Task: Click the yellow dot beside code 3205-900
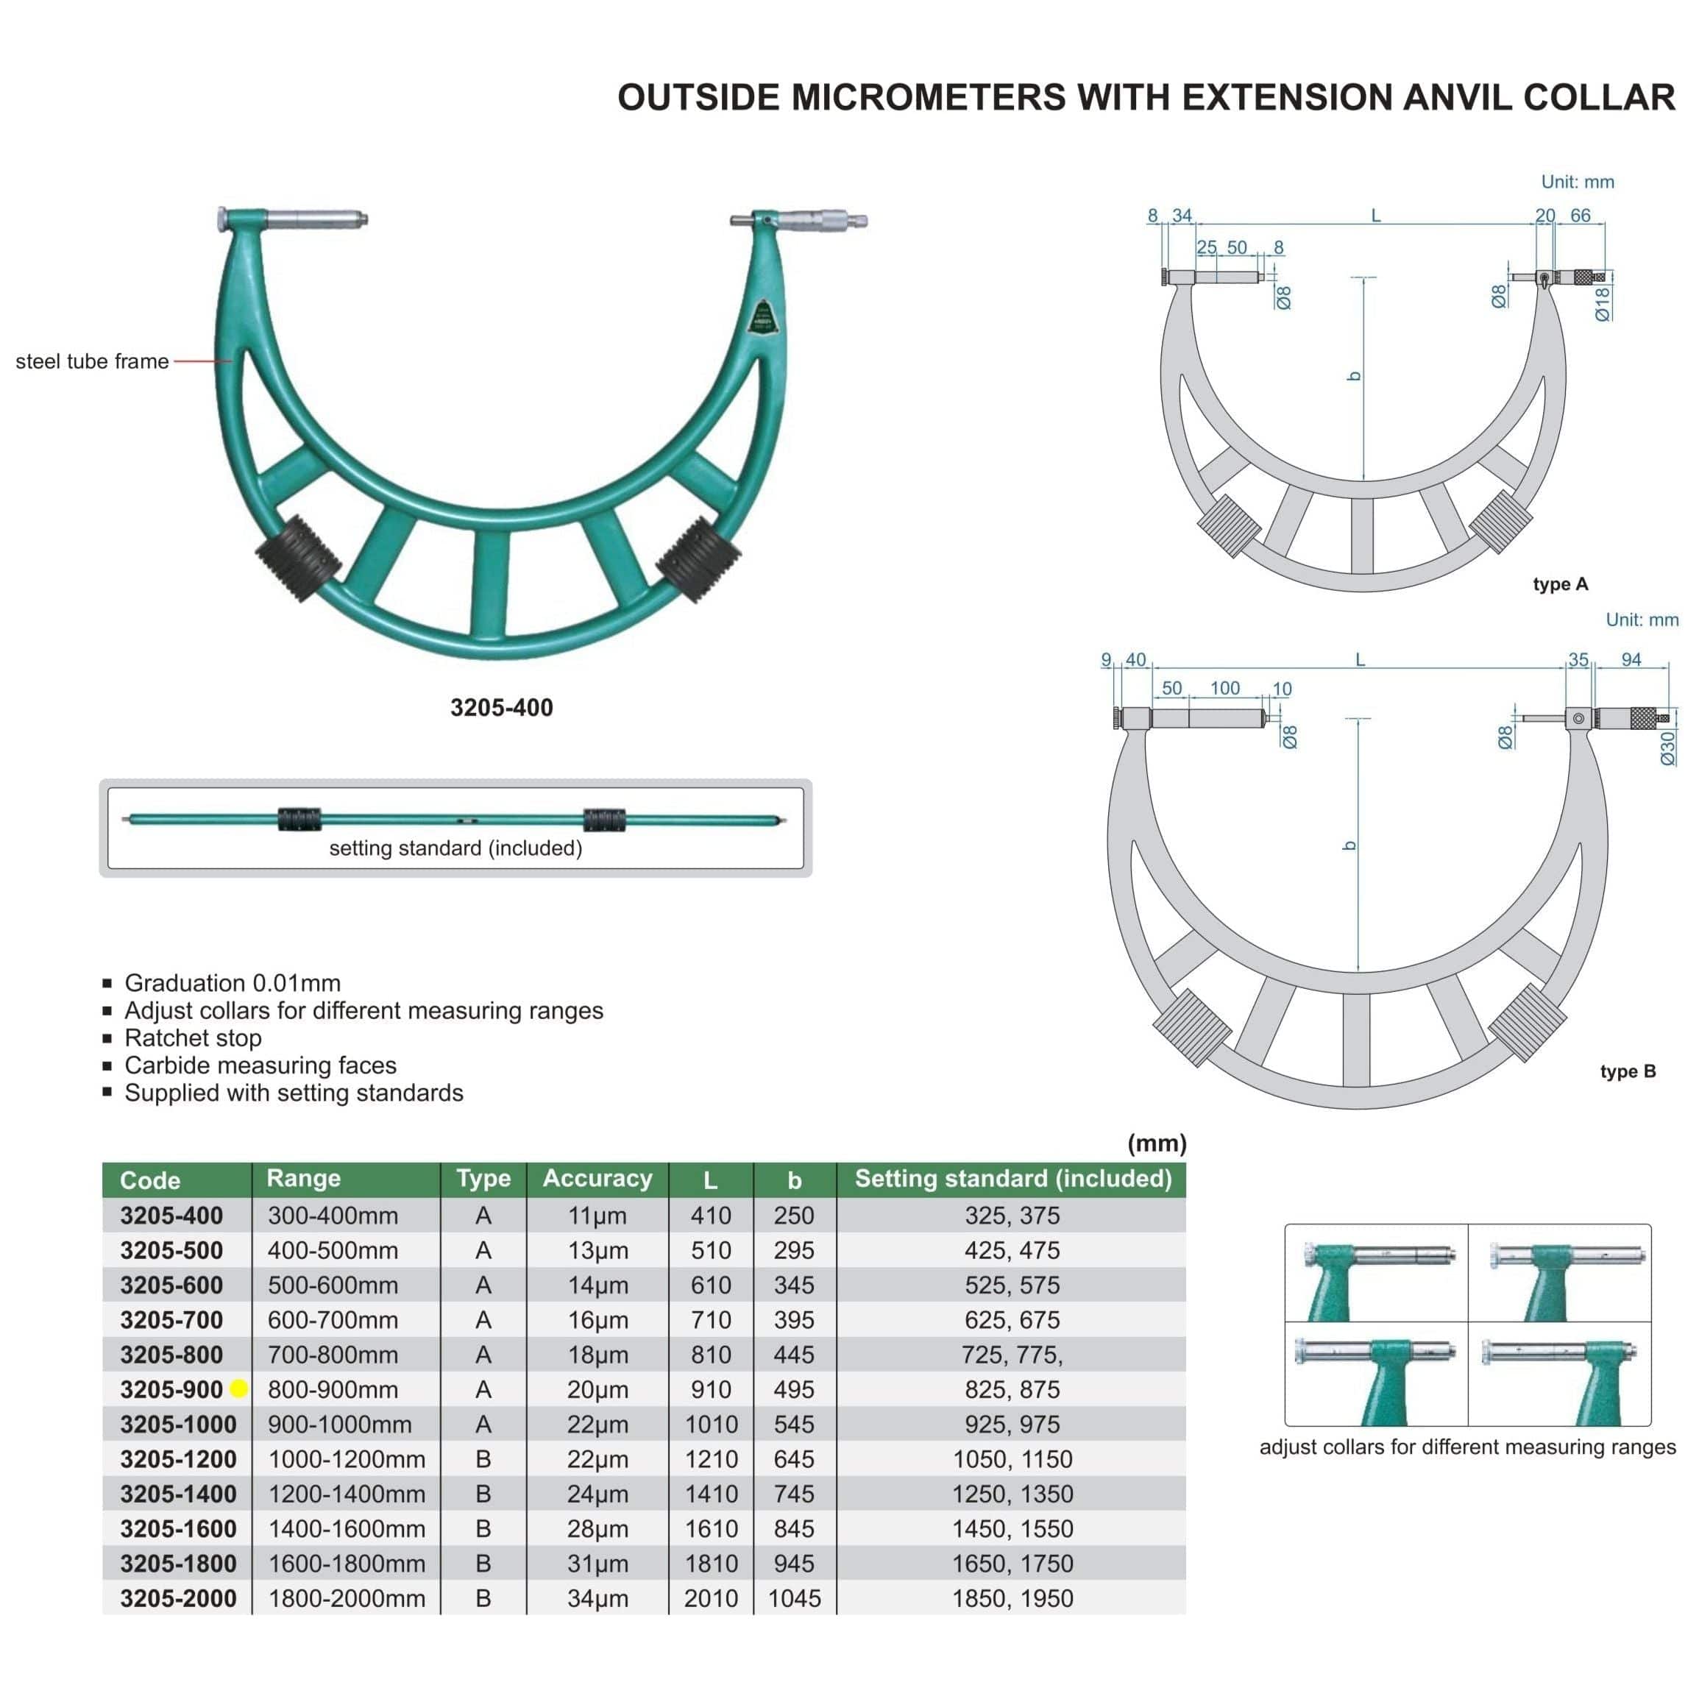click(238, 1389)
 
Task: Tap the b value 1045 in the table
click(794, 1598)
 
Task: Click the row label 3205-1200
click(179, 1459)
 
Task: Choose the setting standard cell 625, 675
click(1012, 1320)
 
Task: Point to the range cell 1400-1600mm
click(347, 1528)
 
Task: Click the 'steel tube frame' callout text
click(92, 361)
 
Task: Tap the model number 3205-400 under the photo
click(501, 707)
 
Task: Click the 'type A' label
click(1560, 584)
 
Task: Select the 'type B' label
click(1627, 1071)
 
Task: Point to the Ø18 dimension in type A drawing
click(1603, 303)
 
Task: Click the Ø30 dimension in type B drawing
click(1667, 748)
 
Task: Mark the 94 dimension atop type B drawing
click(1631, 659)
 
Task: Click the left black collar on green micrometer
click(298, 558)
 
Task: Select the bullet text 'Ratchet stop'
click(193, 1038)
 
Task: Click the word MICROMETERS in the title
click(929, 96)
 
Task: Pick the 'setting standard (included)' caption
click(455, 848)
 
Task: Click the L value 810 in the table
click(711, 1355)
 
